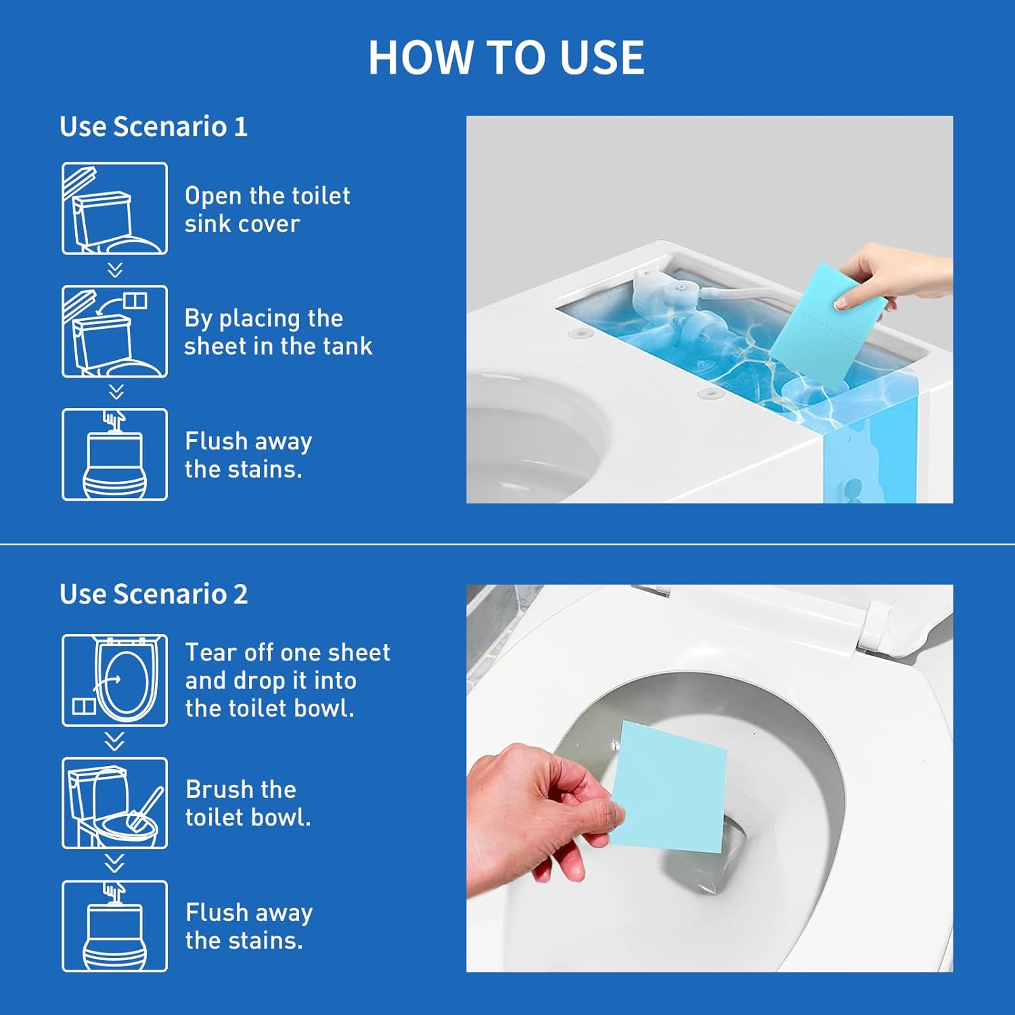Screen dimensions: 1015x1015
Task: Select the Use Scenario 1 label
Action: [x=154, y=127]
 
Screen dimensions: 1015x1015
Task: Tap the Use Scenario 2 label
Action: [x=154, y=594]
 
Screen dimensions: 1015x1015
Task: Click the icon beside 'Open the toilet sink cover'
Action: [x=114, y=208]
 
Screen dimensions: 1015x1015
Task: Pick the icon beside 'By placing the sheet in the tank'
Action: [x=114, y=332]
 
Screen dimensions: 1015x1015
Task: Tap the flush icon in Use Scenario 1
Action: [x=114, y=455]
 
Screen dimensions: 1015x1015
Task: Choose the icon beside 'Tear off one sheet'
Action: [x=114, y=680]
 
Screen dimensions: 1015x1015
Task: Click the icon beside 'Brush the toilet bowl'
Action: [x=114, y=803]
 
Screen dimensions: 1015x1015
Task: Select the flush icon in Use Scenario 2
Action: [x=114, y=926]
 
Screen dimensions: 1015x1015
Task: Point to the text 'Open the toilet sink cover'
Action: [x=267, y=210]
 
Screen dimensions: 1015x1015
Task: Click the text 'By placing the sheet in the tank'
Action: [x=278, y=332]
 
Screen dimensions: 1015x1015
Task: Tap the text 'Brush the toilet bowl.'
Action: [x=248, y=803]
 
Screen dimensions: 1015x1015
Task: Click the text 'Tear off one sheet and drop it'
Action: [x=288, y=667]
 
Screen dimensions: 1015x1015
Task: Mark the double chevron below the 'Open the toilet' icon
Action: [x=115, y=270]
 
